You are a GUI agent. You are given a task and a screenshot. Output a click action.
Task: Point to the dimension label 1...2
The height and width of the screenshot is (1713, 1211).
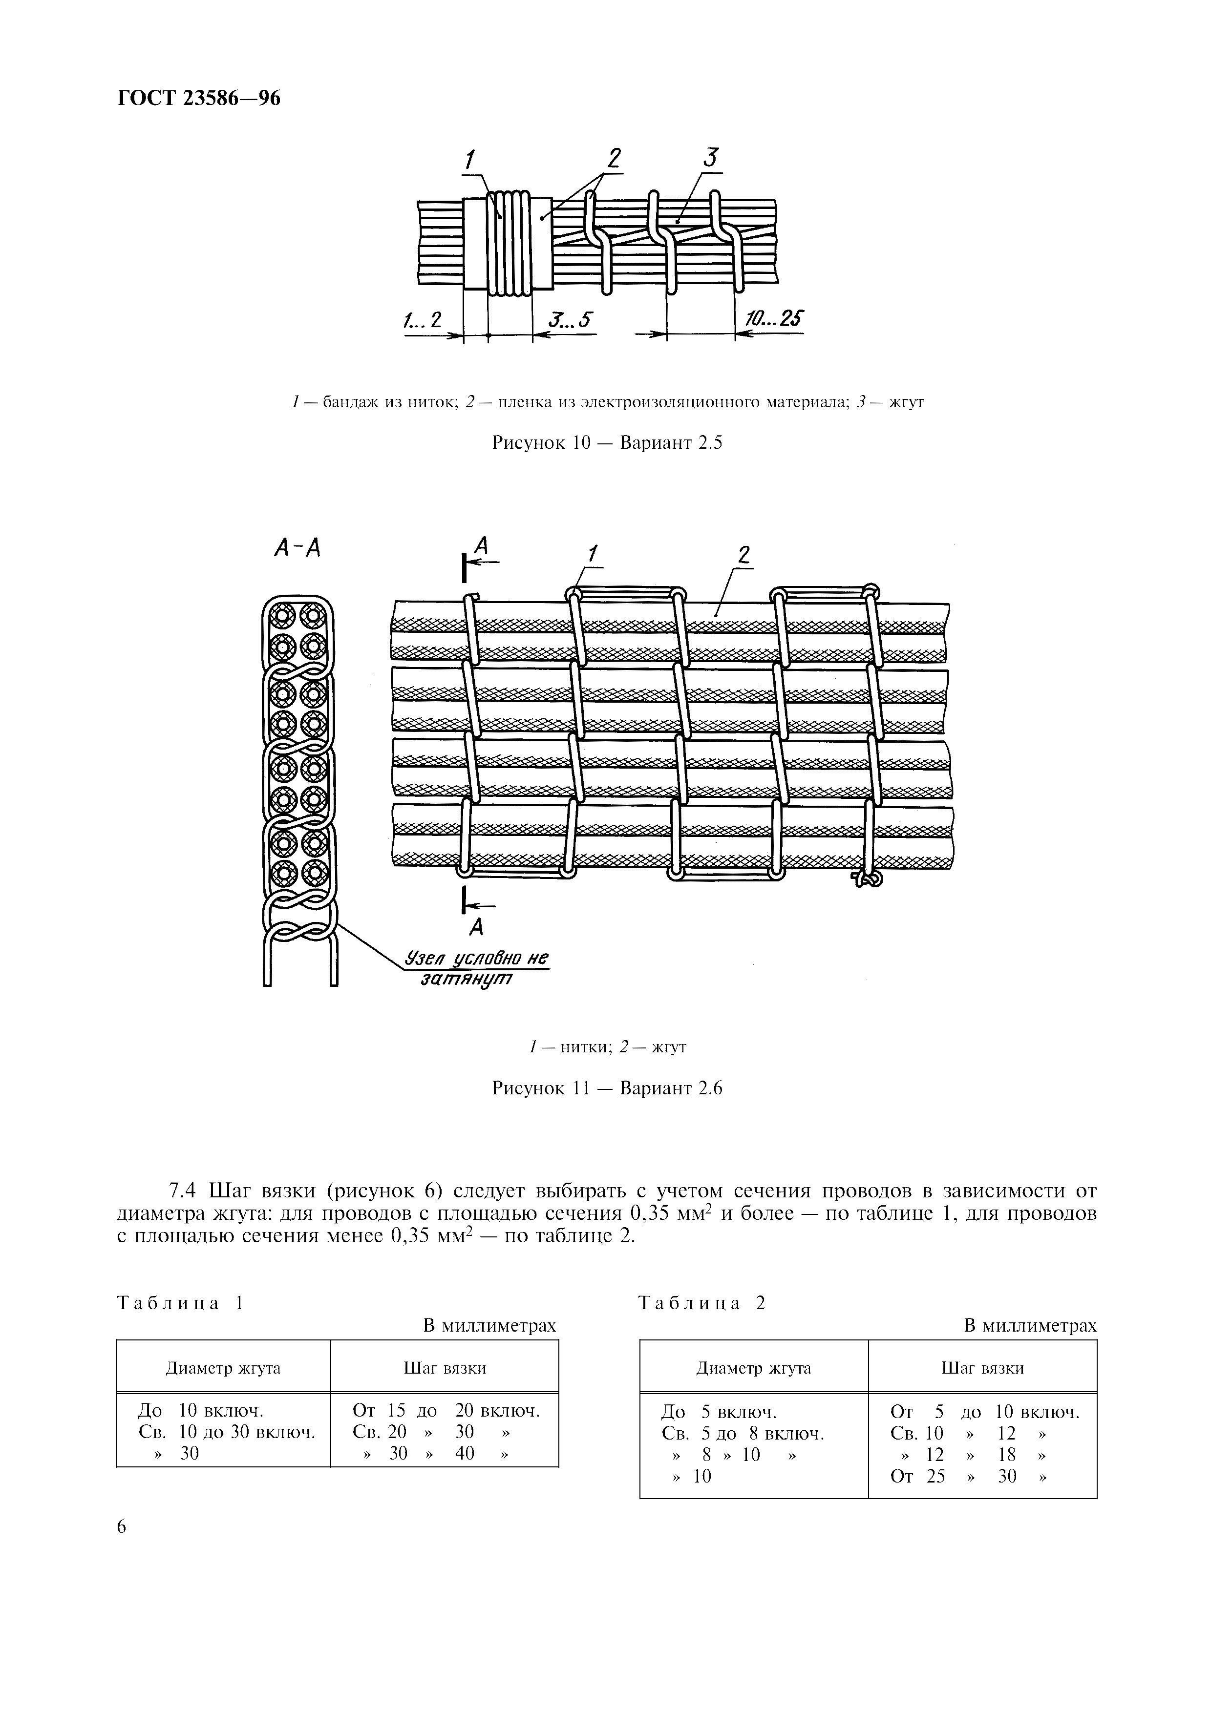pyautogui.click(x=423, y=320)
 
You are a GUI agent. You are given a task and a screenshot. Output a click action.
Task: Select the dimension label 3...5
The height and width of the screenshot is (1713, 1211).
pyautogui.click(x=569, y=320)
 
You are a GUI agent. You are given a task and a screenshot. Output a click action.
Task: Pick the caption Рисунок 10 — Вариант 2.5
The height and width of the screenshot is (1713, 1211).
pyautogui.click(x=607, y=442)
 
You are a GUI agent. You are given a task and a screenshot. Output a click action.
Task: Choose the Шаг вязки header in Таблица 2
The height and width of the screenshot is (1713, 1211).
pyautogui.click(x=982, y=1368)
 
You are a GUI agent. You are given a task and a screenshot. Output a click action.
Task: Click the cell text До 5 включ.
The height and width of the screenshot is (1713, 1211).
pyautogui.click(x=719, y=1412)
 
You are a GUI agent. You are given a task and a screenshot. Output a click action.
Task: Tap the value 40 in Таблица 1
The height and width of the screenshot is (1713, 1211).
pyautogui.click(x=464, y=1453)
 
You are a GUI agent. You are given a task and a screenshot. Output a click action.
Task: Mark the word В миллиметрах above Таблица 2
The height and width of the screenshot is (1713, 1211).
pyautogui.click(x=1030, y=1325)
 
